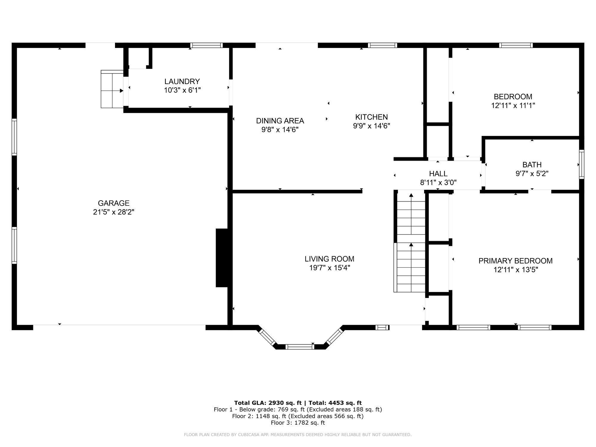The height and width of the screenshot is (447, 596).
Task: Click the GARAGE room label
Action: click(x=114, y=203)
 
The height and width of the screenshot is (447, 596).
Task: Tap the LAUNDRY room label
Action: click(x=182, y=81)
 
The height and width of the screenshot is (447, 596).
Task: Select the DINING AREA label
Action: click(x=280, y=121)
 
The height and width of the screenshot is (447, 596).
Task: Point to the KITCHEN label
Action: click(x=371, y=117)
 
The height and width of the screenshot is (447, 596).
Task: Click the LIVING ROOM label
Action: click(x=329, y=259)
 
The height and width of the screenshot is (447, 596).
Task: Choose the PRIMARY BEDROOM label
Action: click(x=516, y=261)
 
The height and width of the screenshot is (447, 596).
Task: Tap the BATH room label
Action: click(x=532, y=164)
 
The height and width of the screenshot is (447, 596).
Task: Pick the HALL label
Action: click(x=438, y=173)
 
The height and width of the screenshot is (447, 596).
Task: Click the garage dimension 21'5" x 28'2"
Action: click(x=114, y=212)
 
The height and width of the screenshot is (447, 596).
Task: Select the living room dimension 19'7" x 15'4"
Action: click(x=329, y=268)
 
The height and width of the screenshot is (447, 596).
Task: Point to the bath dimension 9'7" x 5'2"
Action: click(x=532, y=173)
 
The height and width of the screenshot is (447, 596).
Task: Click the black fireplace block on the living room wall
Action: click(x=222, y=258)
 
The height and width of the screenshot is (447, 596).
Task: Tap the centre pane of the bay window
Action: click(x=299, y=347)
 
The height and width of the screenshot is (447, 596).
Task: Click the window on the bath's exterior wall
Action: click(x=581, y=164)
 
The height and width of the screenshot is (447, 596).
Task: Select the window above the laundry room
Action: click(x=207, y=45)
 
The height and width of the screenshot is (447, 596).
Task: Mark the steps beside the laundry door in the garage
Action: click(x=112, y=89)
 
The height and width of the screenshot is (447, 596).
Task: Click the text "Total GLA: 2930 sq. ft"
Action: click(x=270, y=403)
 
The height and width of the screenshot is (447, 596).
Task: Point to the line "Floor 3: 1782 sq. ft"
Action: click(x=298, y=423)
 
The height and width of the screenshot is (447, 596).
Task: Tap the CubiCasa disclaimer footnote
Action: click(x=298, y=435)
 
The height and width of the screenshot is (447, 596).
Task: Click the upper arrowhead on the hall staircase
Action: click(x=411, y=195)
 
